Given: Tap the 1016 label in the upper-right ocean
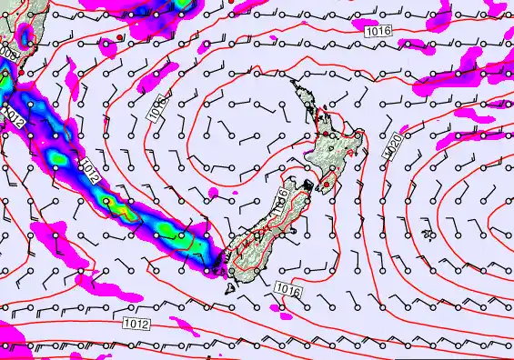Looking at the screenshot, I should point(379,32).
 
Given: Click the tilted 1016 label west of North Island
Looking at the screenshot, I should point(156,106).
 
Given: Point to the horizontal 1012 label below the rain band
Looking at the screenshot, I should point(136,323).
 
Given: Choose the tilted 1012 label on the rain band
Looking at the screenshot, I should point(89,170).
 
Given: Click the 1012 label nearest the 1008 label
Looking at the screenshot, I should point(13,114).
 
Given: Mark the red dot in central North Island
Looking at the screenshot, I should point(333,135).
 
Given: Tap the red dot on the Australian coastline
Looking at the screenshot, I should point(20,69).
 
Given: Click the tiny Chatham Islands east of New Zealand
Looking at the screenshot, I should point(428,234).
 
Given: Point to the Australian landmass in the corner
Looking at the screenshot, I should point(14,27).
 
